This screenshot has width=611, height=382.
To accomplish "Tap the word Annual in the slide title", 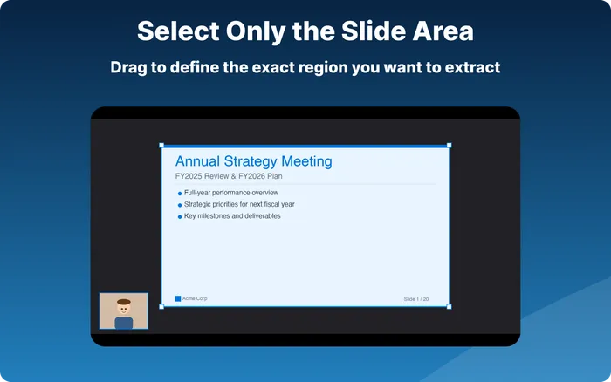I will (196, 161).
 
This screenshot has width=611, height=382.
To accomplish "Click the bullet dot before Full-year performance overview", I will (180, 193).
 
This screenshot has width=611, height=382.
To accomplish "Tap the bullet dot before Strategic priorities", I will (180, 205).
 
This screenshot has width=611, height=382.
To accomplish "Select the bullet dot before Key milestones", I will (180, 216).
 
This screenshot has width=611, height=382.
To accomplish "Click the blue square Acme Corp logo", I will (178, 298).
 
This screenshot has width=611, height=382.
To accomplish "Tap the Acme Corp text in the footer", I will (195, 298).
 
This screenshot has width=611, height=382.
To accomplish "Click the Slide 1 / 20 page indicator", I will (415, 299).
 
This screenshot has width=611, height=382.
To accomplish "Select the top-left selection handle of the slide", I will (161, 146).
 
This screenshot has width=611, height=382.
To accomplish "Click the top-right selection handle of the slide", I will (450, 146).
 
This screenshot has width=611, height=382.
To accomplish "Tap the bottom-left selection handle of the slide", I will (161, 306).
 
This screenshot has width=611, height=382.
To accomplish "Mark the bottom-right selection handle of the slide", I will (450, 306).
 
